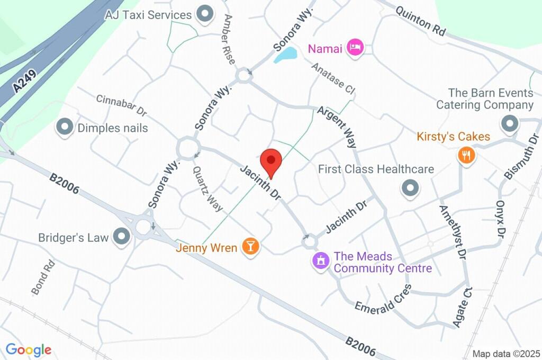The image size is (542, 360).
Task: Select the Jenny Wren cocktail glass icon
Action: click(250, 246)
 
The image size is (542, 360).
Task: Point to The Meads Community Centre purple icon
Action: click(320, 260)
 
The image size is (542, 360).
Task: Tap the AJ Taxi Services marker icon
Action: click(204, 14)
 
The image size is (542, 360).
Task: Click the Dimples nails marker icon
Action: click(65, 128)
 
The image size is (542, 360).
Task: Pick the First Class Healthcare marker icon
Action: click(410, 187)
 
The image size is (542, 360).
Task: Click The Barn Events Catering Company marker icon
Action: click(510, 123)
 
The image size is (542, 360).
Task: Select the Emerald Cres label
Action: click(383, 300)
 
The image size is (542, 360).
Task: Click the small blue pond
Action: click(285, 55)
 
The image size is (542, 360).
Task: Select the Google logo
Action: click(29, 349)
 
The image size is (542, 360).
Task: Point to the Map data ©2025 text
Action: click(506, 354)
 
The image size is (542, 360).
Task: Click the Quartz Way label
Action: click(207, 189)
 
